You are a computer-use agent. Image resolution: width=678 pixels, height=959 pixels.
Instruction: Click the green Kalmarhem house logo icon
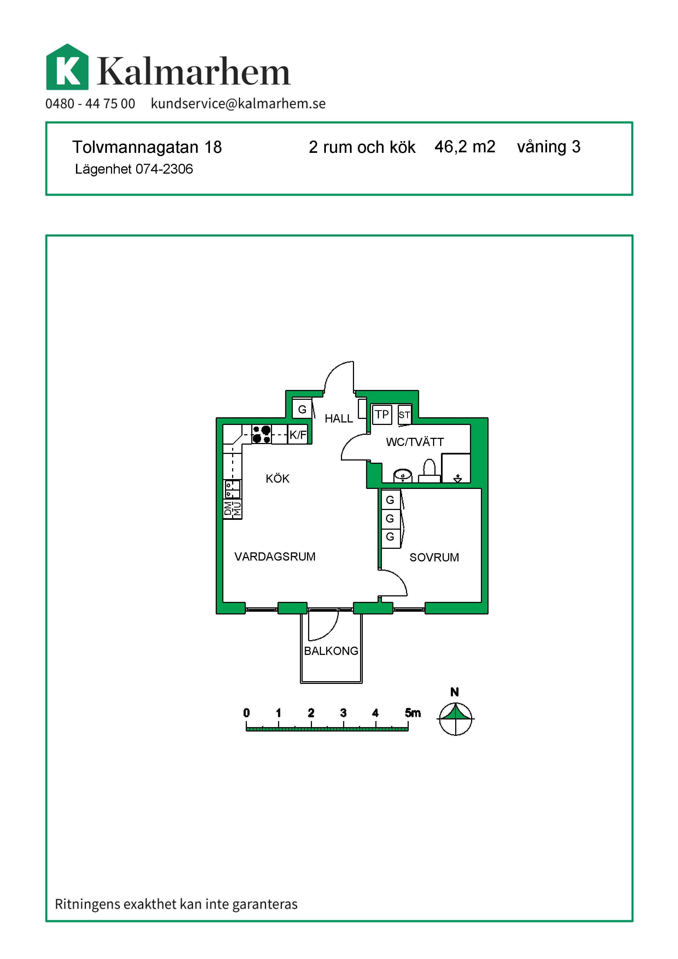(x=67, y=67)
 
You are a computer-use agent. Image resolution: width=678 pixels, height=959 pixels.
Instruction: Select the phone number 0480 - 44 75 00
(x=90, y=104)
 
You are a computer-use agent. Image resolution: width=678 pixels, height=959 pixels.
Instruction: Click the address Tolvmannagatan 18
(x=147, y=147)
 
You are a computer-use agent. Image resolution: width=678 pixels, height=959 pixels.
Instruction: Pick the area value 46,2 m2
(x=465, y=147)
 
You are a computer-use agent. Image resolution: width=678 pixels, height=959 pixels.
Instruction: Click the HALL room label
(x=338, y=418)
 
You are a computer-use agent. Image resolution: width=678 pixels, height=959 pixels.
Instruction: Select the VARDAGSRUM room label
(x=275, y=556)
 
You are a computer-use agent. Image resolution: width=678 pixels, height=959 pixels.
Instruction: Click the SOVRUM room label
(x=434, y=557)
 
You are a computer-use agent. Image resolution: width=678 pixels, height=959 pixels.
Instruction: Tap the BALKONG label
(x=331, y=651)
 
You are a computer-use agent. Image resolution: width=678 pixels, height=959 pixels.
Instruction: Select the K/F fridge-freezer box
(x=298, y=435)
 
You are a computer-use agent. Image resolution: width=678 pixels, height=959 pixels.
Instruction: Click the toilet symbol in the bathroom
(x=429, y=471)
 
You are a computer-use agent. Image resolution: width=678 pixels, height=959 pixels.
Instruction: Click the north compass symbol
(x=455, y=719)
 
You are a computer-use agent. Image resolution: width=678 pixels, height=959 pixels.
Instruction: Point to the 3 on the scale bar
(x=343, y=713)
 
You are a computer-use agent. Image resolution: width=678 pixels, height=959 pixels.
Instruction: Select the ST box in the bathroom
(x=404, y=415)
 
